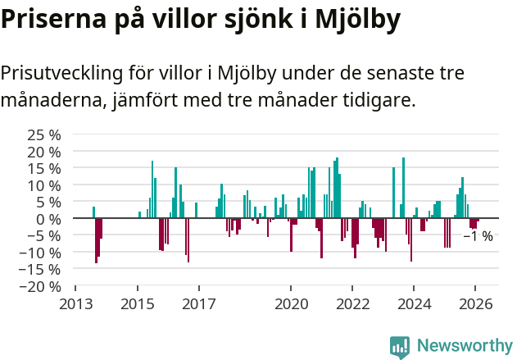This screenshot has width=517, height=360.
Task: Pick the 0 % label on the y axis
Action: point(49,219)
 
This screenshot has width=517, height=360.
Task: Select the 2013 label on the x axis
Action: point(76,304)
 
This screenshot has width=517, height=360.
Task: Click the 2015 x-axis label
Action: point(138,304)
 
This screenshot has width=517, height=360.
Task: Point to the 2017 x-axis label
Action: point(199,304)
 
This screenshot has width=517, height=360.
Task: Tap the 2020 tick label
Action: point(291,304)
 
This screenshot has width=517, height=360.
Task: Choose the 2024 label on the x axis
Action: point(414,304)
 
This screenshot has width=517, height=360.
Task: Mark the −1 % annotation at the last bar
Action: point(478,236)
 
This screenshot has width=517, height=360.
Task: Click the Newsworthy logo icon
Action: point(400,347)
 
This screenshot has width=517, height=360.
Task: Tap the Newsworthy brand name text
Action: point(464,347)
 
